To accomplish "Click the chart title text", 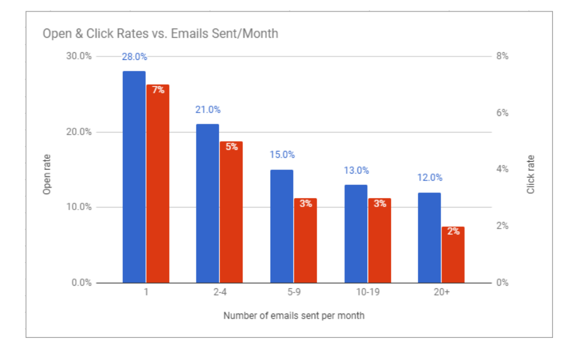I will click(160, 33).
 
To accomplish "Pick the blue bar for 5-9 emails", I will click(281, 226).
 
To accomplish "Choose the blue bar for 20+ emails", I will click(429, 238).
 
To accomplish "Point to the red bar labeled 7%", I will click(158, 183).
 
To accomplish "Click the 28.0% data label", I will click(134, 57).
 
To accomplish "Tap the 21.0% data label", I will click(208, 110).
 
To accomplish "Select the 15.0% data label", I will click(282, 155).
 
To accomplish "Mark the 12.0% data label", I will click(430, 178).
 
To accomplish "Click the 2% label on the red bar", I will click(453, 231).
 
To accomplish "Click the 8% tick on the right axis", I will click(502, 57).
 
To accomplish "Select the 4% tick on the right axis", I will click(502, 169).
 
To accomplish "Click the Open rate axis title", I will click(47, 175).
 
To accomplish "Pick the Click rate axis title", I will click(531, 175).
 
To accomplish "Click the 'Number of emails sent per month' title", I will click(294, 316).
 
